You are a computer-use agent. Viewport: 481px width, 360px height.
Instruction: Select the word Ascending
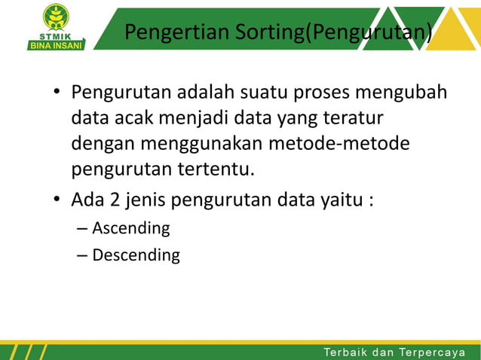pyautogui.click(x=130, y=227)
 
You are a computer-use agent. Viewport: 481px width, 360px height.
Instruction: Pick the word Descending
pyautogui.click(x=136, y=255)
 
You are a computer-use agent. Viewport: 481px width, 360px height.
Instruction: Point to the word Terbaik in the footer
pyautogui.click(x=348, y=352)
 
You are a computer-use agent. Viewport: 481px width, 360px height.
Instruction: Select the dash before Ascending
pyautogui.click(x=81, y=228)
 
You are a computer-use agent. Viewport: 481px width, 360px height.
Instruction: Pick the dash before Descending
pyautogui.click(x=81, y=255)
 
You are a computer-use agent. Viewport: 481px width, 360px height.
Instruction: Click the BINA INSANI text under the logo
pyautogui.click(x=56, y=44)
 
